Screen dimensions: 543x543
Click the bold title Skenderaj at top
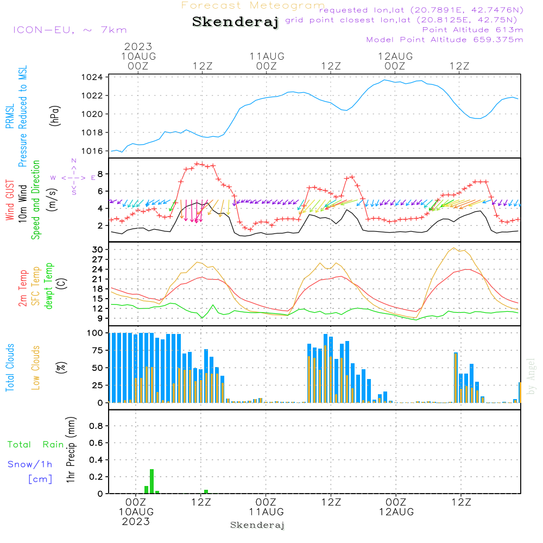point(235,22)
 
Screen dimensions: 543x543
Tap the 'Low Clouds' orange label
point(36,368)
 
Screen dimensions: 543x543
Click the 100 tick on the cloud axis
point(95,333)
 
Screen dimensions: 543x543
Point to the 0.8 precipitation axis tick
point(96,426)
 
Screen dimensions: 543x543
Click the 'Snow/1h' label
point(30,465)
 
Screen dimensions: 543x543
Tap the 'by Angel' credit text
point(532,376)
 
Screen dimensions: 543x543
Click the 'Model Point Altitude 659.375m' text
point(445,40)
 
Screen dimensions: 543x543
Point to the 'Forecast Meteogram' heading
point(253,5)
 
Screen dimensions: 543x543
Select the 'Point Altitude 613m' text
point(472,30)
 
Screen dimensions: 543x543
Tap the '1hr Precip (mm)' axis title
point(70,451)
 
